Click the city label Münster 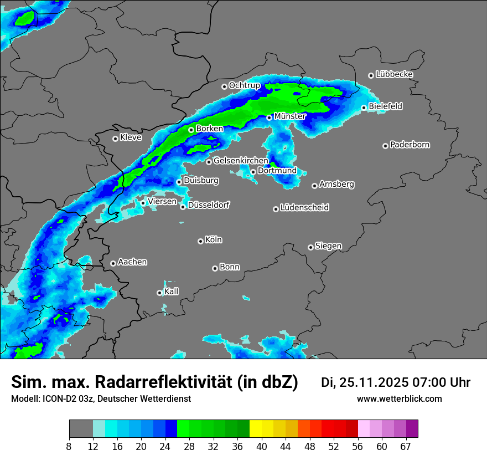[290, 116]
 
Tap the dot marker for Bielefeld [364, 108]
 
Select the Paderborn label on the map [410, 145]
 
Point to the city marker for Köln [200, 241]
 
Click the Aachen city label [132, 262]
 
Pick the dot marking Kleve [115, 139]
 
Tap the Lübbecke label [394, 74]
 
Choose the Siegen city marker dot [310, 247]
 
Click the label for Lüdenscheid [304, 208]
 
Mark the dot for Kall [159, 293]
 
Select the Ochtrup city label [244, 85]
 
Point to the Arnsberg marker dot [314, 186]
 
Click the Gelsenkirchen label [241, 161]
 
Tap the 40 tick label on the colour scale [262, 447]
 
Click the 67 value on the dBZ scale [406, 447]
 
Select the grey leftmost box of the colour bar [81, 429]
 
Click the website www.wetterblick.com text [400, 399]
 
